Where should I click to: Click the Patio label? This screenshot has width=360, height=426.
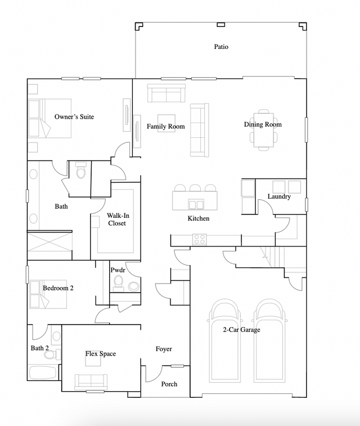click(x=221, y=47)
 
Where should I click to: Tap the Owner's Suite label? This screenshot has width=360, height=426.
click(x=74, y=117)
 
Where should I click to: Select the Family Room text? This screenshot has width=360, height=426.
click(x=165, y=127)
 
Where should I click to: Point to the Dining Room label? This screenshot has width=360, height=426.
click(x=263, y=124)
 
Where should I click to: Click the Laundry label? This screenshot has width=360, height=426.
click(x=279, y=197)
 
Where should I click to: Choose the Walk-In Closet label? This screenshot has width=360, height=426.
click(x=116, y=219)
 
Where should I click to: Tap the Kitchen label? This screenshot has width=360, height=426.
click(x=199, y=218)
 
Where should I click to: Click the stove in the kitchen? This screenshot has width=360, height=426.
click(x=200, y=239)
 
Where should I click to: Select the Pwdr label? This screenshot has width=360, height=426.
click(x=118, y=270)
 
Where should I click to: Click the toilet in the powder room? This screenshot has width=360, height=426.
click(x=119, y=281)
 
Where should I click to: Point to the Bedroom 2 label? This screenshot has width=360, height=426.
click(x=58, y=288)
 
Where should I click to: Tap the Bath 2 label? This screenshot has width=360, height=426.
click(x=39, y=348)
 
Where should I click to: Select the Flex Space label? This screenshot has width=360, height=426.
click(x=101, y=353)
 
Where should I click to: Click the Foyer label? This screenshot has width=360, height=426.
click(x=164, y=349)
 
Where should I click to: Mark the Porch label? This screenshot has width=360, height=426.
click(x=169, y=384)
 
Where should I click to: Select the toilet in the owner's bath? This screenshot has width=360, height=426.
click(x=80, y=171)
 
